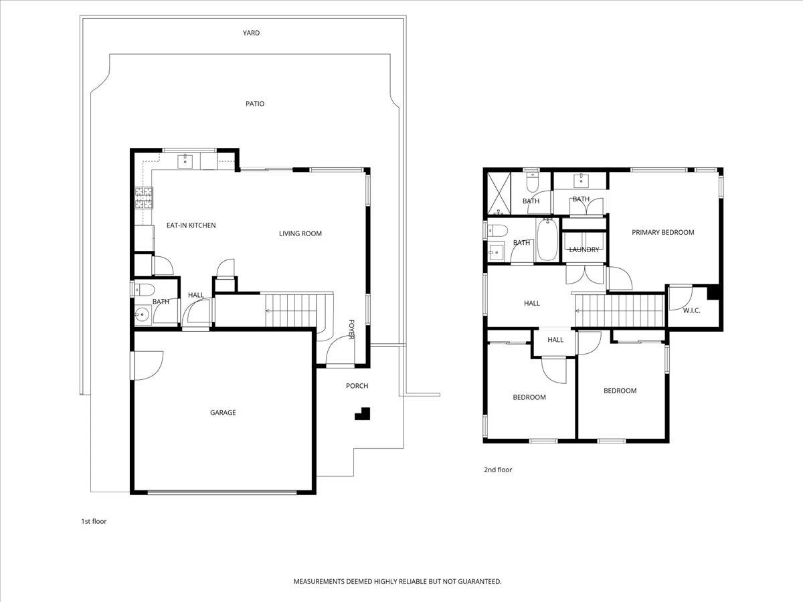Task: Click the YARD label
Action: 252,33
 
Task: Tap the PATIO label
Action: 255,104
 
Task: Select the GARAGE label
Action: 223,413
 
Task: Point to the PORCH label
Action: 357,386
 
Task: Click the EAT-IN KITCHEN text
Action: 191,225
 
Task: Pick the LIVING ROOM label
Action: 300,233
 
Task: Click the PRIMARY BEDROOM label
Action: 663,232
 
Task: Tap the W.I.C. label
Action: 691,310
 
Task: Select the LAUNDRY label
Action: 584,249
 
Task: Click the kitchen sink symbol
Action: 185,161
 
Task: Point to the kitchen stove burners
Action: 144,198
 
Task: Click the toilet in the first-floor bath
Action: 143,290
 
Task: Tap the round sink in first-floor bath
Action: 141,314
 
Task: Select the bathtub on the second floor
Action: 547,239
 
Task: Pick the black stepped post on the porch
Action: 363,413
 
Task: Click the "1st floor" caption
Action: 94,521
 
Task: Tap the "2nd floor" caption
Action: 498,470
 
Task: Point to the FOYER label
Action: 351,329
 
